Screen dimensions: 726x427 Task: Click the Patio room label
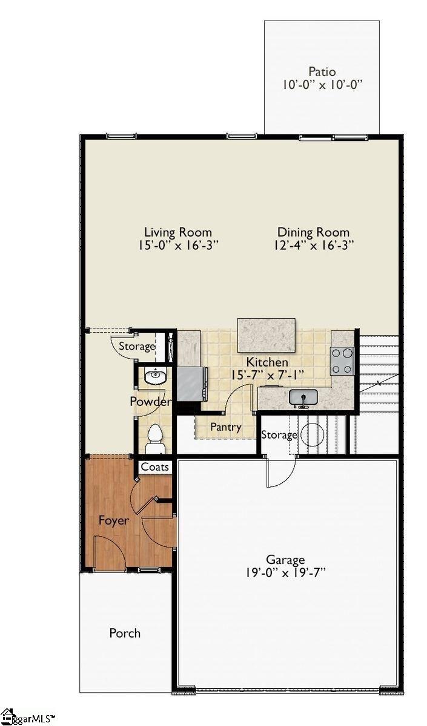(322, 71)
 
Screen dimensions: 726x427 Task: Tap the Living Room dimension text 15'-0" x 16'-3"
(177, 245)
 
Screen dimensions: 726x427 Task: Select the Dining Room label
(313, 232)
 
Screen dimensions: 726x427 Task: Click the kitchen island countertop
(266, 335)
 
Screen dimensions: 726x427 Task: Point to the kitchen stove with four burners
(342, 361)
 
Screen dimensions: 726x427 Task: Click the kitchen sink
(303, 397)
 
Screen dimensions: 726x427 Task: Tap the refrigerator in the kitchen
(190, 384)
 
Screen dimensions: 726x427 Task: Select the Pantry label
(225, 427)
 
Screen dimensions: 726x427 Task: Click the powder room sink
(155, 376)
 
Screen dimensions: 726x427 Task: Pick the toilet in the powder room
(155, 437)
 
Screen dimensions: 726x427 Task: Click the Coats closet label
(156, 467)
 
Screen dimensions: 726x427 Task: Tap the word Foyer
(114, 520)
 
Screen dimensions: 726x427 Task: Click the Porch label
(125, 633)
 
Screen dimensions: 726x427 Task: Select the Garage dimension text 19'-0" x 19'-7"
(285, 573)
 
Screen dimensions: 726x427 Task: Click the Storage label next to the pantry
(279, 435)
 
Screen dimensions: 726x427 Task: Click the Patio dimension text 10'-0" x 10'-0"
(322, 85)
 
